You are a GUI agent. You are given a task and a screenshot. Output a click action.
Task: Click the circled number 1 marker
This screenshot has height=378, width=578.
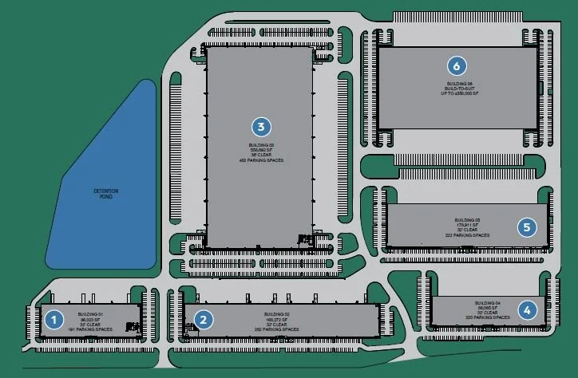point(53,321)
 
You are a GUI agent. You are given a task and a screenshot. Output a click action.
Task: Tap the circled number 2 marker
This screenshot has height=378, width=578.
point(205,321)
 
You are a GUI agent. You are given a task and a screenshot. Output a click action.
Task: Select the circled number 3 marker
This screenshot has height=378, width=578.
point(260,126)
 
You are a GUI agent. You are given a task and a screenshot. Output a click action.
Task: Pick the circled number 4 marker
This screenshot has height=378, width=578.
point(527,309)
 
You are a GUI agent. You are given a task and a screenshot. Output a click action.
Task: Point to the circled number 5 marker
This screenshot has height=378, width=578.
point(526,227)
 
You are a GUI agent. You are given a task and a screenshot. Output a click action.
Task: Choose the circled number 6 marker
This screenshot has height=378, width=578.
point(457,65)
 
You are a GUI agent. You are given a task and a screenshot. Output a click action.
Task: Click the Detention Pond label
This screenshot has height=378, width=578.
point(101,194)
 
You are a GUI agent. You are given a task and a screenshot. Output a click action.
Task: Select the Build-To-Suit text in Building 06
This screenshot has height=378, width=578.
point(457,88)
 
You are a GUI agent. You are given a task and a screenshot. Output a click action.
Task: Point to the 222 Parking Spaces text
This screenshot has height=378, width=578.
point(467,235)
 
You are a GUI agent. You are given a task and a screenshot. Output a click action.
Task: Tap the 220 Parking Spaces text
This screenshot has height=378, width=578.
point(487,317)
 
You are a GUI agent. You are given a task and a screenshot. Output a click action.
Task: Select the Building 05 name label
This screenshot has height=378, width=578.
point(467,220)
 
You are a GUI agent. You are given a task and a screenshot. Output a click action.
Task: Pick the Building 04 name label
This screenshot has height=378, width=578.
point(487,303)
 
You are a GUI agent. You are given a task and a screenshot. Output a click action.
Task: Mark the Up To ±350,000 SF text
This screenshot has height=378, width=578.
point(457,93)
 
